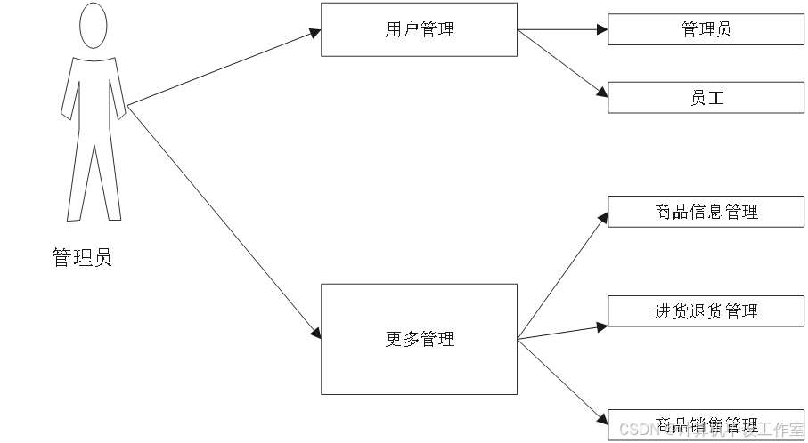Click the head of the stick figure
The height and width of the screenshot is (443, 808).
[94, 26]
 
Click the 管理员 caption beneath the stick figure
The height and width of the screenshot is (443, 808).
[82, 259]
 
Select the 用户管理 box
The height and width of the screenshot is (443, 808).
[419, 29]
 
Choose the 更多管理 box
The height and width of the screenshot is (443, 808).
[419, 339]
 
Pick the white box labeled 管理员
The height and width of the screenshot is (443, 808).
[706, 29]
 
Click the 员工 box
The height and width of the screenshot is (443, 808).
[706, 97]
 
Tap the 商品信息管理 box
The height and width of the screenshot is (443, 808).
[706, 212]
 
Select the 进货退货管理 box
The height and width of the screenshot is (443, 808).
[706, 310]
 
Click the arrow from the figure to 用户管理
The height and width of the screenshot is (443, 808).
[223, 68]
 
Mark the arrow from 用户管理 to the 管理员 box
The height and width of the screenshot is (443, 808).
[561, 29]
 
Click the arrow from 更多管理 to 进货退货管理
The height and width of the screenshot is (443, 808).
[561, 331]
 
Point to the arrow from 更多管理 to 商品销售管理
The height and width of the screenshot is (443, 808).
[561, 378]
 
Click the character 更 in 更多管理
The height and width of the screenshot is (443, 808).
[394, 339]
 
